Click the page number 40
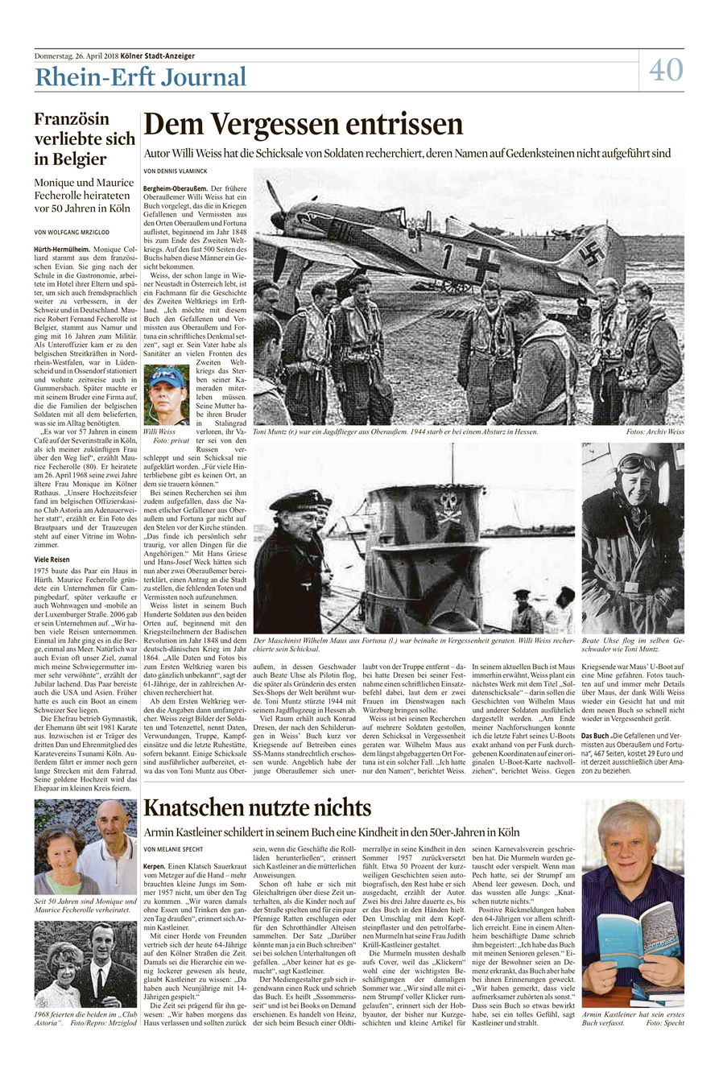coord(667,69)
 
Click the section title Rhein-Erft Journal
coord(140,78)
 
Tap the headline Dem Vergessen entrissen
coord(303,125)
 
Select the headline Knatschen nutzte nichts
coord(257,807)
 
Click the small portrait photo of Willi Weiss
coord(167,395)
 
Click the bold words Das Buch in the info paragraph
coord(596,737)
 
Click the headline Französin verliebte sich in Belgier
coord(85,138)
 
